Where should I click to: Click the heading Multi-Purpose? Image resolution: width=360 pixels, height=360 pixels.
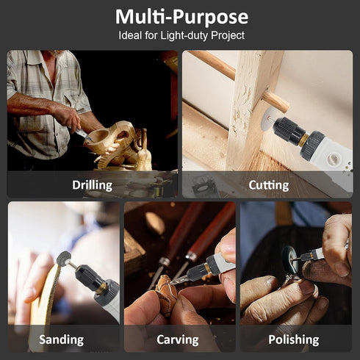pyautogui.click(x=181, y=17)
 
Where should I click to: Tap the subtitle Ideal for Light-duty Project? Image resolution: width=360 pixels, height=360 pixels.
pyautogui.click(x=181, y=35)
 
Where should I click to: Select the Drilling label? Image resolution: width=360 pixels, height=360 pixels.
pyautogui.click(x=92, y=185)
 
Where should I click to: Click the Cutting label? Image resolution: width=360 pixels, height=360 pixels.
pyautogui.click(x=269, y=185)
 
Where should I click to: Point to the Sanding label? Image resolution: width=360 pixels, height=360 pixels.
pyautogui.click(x=61, y=339)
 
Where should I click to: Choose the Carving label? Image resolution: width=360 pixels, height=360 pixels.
pyautogui.click(x=178, y=339)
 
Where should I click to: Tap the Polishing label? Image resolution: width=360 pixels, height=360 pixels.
pyautogui.click(x=294, y=339)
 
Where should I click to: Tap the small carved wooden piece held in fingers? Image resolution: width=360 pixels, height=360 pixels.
pyautogui.click(x=166, y=292)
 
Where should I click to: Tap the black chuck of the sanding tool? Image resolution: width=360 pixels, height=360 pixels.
pyautogui.click(x=89, y=278)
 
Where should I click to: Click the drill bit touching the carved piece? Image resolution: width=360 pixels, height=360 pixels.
pyautogui.click(x=179, y=280)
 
